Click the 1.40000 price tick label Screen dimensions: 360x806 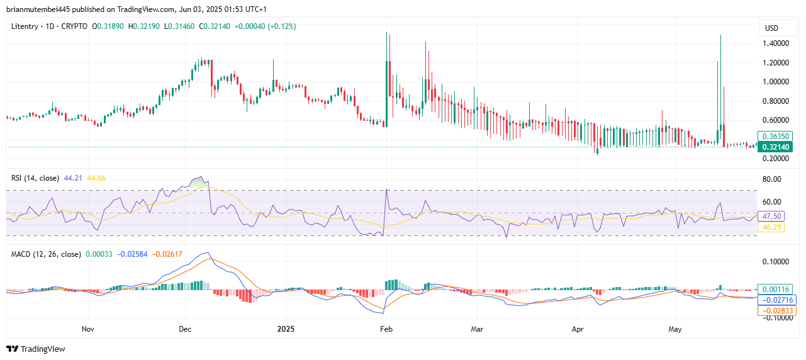point(776,43)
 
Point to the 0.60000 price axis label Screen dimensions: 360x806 point(776,120)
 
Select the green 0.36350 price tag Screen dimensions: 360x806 point(776,136)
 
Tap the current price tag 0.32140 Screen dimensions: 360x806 point(776,147)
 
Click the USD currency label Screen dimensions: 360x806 point(771,28)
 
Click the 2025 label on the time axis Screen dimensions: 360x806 point(285,329)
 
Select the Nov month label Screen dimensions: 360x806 point(87,329)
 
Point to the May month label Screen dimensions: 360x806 point(675,329)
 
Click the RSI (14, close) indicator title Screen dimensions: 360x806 point(35,178)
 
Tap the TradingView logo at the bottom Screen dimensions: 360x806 point(36,349)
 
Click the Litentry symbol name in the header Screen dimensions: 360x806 point(25,26)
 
